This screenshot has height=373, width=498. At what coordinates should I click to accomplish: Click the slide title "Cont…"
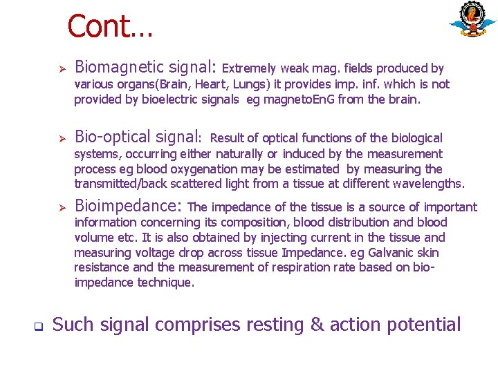tap(110, 27)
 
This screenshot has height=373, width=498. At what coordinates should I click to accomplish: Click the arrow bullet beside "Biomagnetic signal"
tap(61, 68)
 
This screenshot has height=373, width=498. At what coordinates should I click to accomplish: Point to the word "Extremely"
tap(249, 68)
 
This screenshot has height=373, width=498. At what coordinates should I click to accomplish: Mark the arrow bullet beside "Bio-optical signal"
tap(61, 138)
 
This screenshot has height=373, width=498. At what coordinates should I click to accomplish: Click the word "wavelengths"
tap(430, 184)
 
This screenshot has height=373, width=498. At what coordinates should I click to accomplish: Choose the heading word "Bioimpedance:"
tap(129, 206)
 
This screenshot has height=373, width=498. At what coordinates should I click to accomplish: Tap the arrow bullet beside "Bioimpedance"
tap(61, 207)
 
